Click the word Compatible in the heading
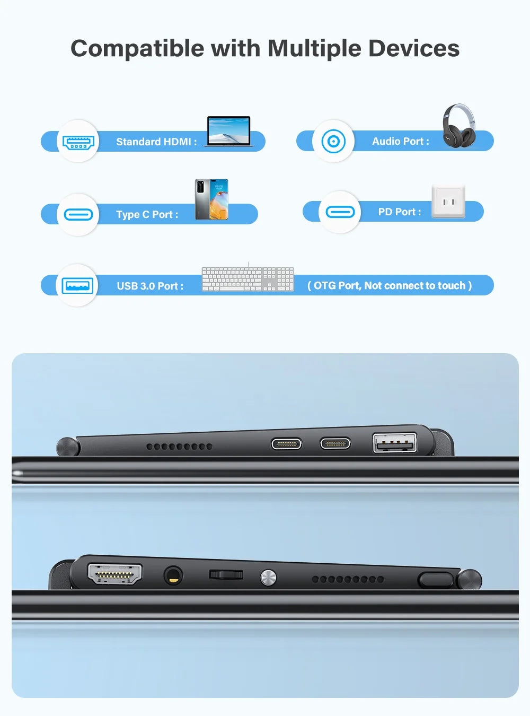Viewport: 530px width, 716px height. click(137, 49)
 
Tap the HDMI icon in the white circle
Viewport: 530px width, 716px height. click(78, 142)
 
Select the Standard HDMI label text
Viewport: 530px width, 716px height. click(156, 142)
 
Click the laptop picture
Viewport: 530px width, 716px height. click(229, 131)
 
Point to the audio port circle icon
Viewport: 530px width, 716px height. click(333, 141)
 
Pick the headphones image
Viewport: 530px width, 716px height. click(459, 126)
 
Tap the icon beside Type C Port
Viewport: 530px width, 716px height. click(78, 214)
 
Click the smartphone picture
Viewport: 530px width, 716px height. click(211, 199)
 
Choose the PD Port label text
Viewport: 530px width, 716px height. click(400, 212)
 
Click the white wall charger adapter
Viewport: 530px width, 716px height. click(448, 202)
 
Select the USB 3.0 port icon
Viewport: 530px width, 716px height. click(77, 286)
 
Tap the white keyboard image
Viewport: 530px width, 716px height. click(248, 279)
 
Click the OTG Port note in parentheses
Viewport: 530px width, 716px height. click(390, 285)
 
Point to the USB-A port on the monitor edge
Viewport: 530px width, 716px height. click(394, 442)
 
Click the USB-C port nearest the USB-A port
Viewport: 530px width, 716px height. click(335, 443)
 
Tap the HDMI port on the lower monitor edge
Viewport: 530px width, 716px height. click(114, 574)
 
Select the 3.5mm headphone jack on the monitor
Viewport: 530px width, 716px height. click(172, 575)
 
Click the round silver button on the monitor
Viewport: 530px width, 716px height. click(268, 577)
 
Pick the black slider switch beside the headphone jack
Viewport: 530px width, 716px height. click(226, 574)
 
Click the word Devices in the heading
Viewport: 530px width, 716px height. click(414, 49)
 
